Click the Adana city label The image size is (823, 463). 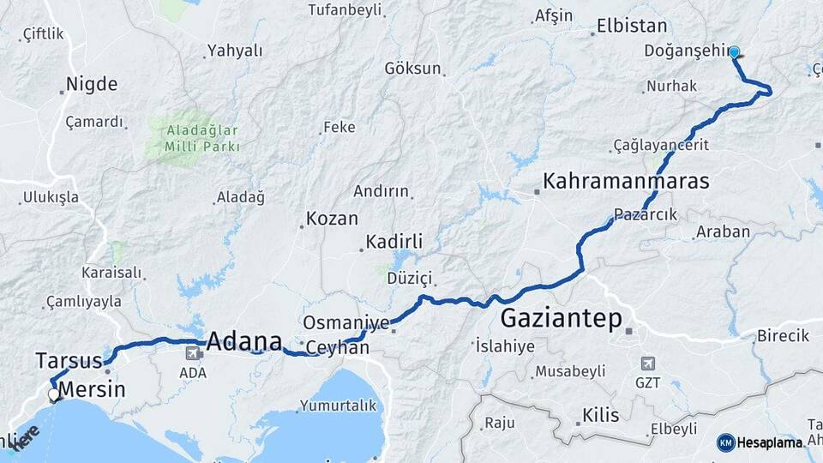pos(244,340)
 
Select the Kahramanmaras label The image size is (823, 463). pos(626,182)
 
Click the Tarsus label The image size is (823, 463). pos(69,360)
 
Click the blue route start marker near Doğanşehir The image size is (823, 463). pos(735,52)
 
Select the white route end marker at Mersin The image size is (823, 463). pos(54,395)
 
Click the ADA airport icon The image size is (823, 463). pos(193,352)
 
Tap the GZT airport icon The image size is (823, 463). pos(648,364)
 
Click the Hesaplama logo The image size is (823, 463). pos(760,442)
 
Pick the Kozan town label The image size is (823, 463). pos(332,219)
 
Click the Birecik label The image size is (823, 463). pos(782,335)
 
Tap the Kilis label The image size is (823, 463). pos(600,416)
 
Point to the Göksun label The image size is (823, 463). pos(412,68)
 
